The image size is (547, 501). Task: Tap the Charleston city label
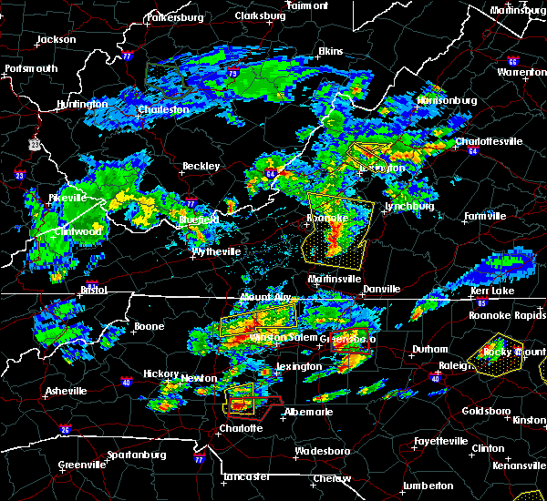(x=163, y=110)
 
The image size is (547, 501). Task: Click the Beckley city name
(x=201, y=167)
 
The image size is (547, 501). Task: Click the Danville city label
(x=381, y=289)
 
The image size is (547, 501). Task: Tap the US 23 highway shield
(x=34, y=144)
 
